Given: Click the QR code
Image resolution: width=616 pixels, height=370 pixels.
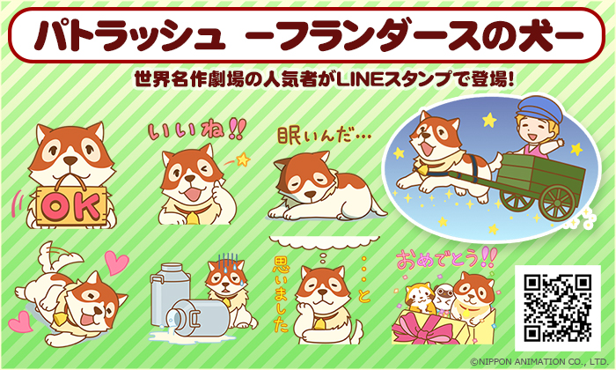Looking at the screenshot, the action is (x=558, y=307).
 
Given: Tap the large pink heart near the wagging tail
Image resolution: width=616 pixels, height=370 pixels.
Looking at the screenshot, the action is (x=116, y=263).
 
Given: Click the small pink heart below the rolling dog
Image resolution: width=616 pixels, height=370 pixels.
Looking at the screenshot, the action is (x=21, y=322).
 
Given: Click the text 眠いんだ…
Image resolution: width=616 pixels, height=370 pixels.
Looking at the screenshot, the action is (x=324, y=136).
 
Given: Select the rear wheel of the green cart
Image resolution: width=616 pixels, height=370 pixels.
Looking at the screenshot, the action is (x=557, y=203).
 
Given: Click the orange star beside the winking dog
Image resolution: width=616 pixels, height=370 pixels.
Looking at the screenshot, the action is (x=243, y=159).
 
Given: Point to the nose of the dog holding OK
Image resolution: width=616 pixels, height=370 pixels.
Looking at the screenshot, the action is (x=70, y=160).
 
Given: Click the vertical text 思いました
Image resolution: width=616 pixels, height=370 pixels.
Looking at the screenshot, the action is (x=282, y=293).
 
